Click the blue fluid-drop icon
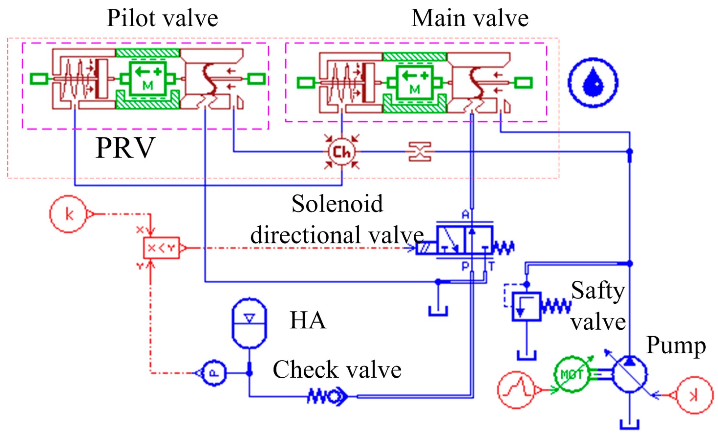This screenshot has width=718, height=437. [x=593, y=83]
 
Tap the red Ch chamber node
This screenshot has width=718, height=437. [x=342, y=152]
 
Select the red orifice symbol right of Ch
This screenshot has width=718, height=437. [x=420, y=152]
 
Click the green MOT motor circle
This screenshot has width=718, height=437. [x=572, y=374]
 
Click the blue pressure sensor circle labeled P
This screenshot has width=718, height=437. [x=214, y=373]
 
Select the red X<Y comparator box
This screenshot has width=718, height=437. [x=161, y=248]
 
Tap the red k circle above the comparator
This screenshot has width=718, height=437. [x=68, y=214]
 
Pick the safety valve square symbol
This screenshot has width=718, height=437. [x=526, y=306]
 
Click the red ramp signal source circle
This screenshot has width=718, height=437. [x=516, y=390]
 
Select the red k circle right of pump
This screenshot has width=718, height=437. [x=694, y=395]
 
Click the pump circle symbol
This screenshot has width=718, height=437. [x=629, y=374]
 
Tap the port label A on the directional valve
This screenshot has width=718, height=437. [x=465, y=215]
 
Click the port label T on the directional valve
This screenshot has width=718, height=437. [x=491, y=266]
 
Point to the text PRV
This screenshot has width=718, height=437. [x=125, y=148]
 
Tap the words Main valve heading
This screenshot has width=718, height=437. [x=470, y=18]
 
